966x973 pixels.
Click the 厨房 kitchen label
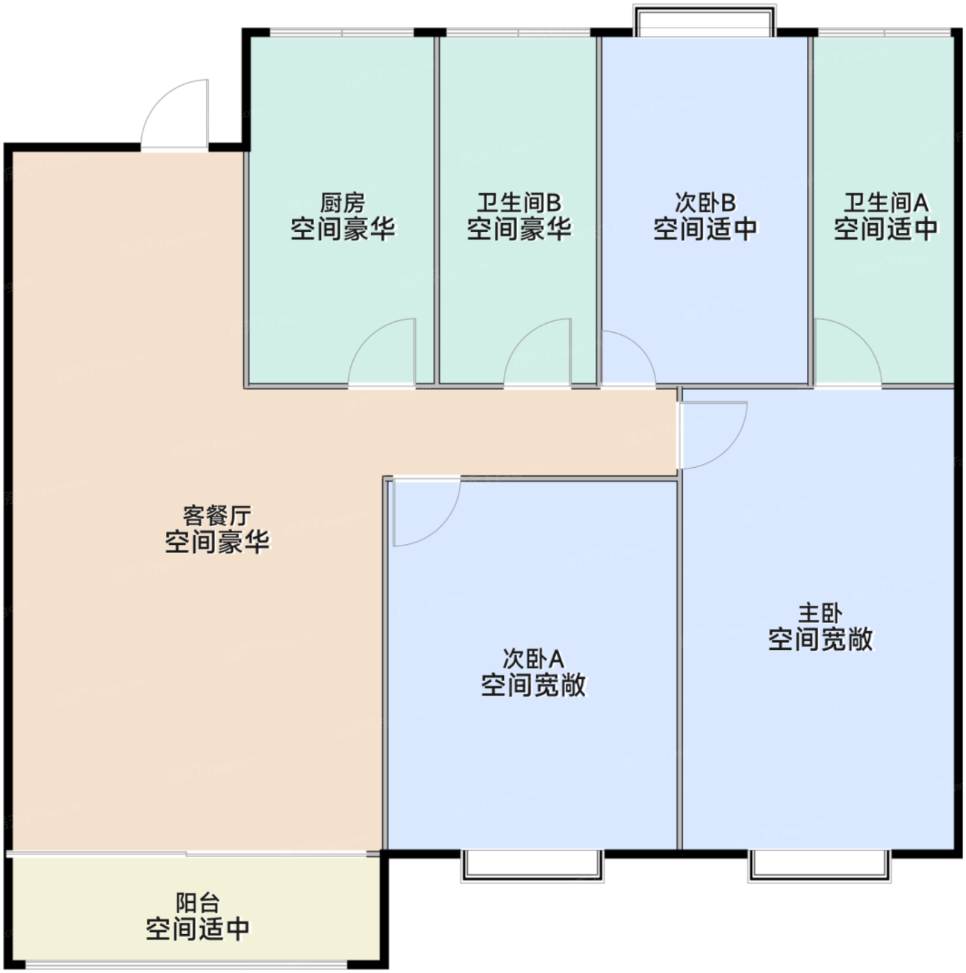click(343, 203)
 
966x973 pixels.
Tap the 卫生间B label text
click(519, 203)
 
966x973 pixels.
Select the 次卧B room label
click(705, 203)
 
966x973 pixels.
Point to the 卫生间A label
click(885, 203)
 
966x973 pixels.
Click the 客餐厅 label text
click(217, 516)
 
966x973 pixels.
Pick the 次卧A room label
click(533, 659)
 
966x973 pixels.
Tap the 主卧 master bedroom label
click(821, 614)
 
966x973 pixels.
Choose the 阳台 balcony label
click(198, 903)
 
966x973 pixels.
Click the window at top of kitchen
click(342, 33)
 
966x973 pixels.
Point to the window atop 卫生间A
click(884, 33)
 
